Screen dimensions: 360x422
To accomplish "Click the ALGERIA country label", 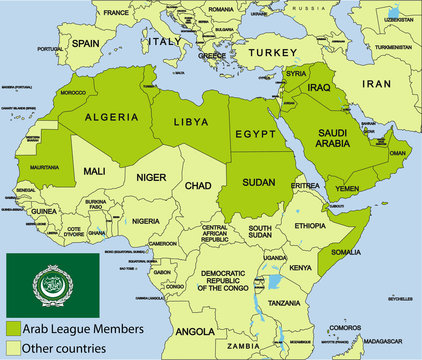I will (x=112, y=117).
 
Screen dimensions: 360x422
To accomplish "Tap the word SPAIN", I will (x=85, y=44).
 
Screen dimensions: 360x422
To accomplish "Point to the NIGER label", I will (x=151, y=177).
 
